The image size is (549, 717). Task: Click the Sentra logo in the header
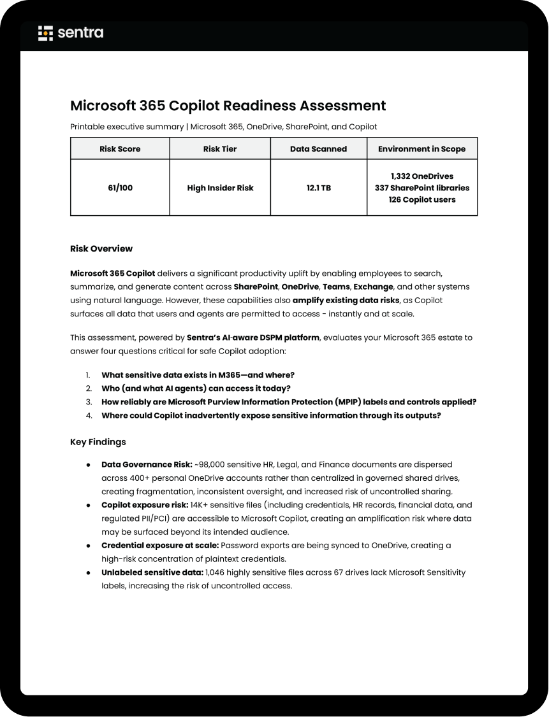point(71,33)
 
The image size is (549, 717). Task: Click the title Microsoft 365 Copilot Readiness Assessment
point(228,106)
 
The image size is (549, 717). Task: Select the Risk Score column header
point(120,149)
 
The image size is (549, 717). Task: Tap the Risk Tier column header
point(220,149)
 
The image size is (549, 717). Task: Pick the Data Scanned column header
point(319,149)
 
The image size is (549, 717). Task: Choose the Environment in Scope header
point(421,149)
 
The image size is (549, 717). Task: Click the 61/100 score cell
point(120,188)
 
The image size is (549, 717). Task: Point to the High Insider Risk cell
point(220,188)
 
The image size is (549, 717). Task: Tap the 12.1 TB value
point(319,188)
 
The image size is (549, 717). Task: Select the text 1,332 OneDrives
point(421,176)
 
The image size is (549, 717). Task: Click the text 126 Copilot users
point(421,199)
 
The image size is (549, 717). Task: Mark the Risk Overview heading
point(101,248)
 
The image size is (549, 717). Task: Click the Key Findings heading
point(98,441)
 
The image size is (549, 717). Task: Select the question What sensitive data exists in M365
point(198,375)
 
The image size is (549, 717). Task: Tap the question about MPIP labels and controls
point(289,402)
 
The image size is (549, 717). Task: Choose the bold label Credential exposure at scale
point(160,546)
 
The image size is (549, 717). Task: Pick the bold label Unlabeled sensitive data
point(152,572)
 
